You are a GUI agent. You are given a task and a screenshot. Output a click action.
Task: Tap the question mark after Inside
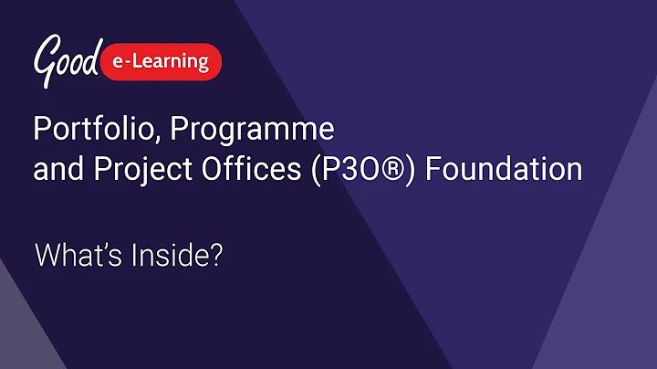pos(217,256)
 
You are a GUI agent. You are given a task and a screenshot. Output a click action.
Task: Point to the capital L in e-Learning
pos(148,62)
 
